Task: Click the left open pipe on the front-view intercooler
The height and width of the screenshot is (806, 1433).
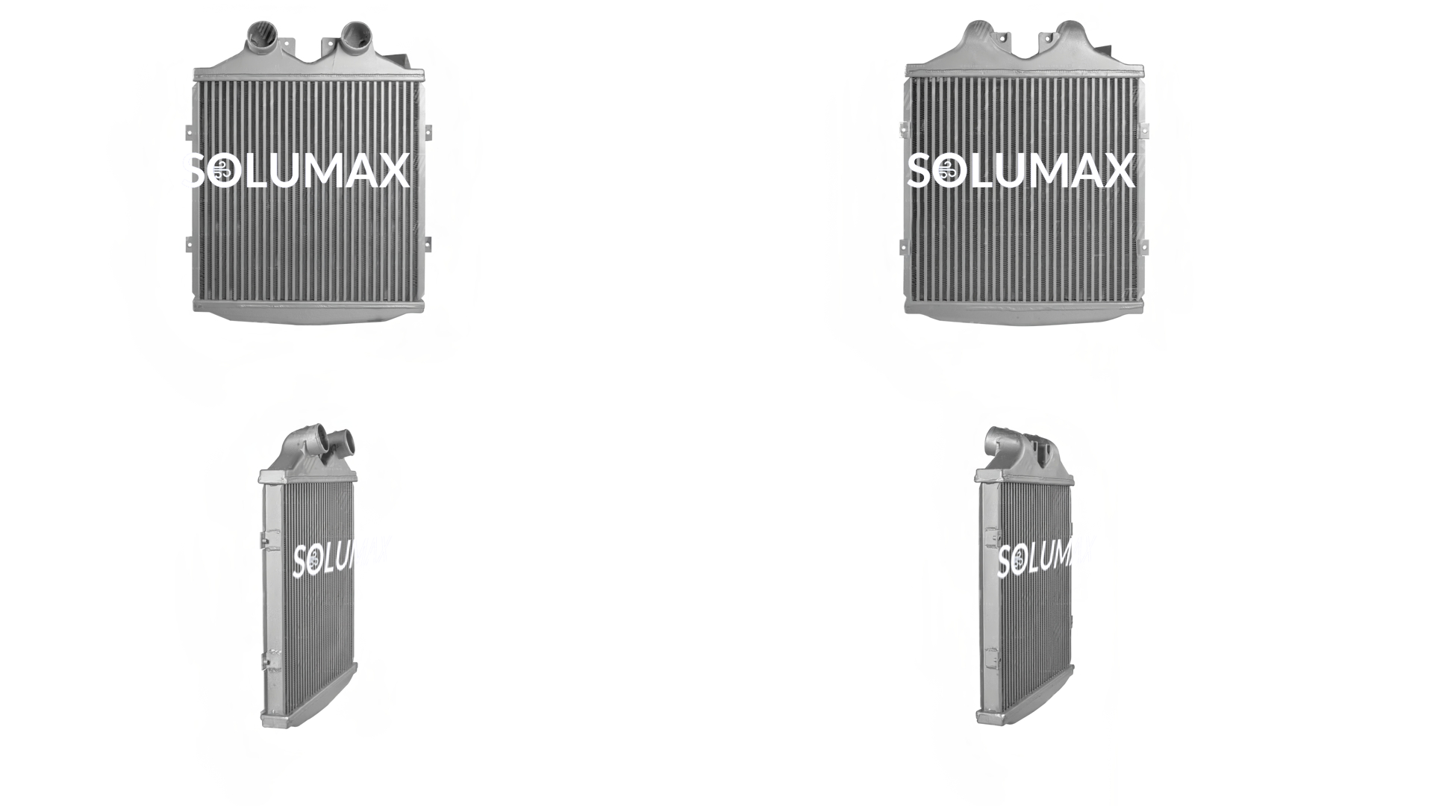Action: coord(261,35)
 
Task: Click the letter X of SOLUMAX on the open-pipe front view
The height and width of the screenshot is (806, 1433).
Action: coord(392,171)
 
